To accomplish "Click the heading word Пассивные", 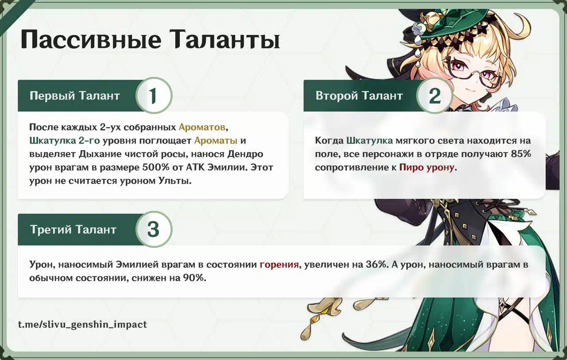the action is click(91, 40).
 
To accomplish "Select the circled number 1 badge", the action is click(154, 96).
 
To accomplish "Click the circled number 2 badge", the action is click(435, 96).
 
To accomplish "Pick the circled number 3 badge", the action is click(154, 229).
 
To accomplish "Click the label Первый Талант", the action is click(75, 96).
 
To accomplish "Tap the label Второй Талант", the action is click(359, 96).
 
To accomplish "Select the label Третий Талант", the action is click(73, 229).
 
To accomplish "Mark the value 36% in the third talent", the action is click(377, 265).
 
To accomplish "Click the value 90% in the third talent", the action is click(194, 278).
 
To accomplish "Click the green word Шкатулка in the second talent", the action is click(369, 141).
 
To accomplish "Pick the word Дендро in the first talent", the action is click(245, 155).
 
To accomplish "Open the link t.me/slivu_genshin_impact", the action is click(82, 325).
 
